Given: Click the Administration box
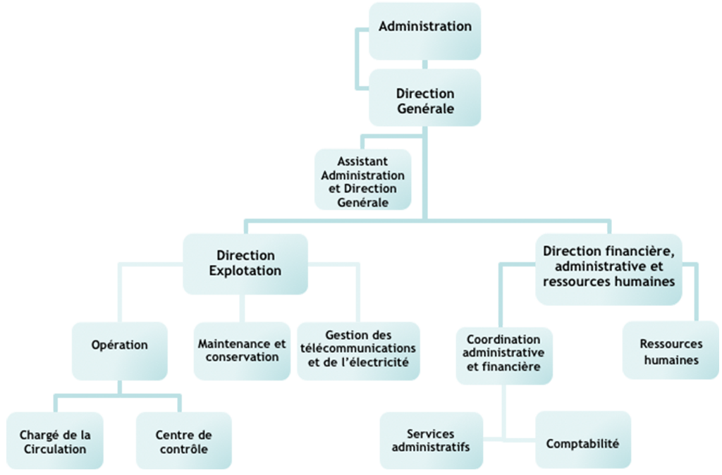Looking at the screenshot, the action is [425, 31].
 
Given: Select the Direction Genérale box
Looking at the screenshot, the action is [425, 97].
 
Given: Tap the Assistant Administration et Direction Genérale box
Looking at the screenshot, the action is [363, 180].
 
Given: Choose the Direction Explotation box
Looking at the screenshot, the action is [245, 264].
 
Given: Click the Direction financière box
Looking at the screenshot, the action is [608, 269].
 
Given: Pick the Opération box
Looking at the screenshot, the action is [120, 351].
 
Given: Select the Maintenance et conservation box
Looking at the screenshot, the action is [243, 351].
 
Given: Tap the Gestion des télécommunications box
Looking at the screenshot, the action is [358, 351].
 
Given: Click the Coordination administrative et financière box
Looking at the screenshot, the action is [504, 356].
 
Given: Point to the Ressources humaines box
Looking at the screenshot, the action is [671, 350].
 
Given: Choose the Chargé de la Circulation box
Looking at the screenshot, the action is [55, 440].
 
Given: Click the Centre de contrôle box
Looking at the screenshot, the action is [184, 440].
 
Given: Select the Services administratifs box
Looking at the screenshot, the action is [431, 440].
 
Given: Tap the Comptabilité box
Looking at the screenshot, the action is [583, 440].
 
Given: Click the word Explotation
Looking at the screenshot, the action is [245, 271].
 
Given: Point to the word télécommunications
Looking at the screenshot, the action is [358, 348].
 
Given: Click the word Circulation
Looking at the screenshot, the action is [55, 449].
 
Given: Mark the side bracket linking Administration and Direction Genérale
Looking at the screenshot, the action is [356, 59].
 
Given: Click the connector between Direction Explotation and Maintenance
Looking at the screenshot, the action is [243, 309].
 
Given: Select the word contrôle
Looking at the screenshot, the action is [184, 449].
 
